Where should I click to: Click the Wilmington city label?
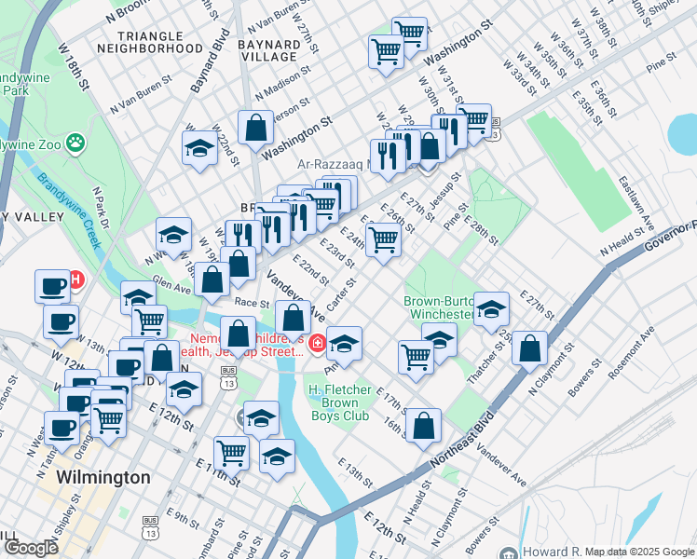pyautogui.click(x=102, y=478)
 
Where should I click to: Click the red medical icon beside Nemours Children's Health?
pyautogui.click(x=318, y=345)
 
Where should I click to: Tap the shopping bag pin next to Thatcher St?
pyautogui.click(x=529, y=348)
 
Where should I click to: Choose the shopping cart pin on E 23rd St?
pyautogui.click(x=383, y=239)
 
